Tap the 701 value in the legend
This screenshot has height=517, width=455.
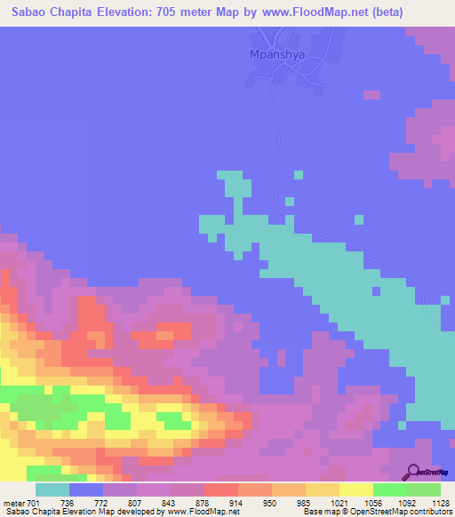click(x=34, y=504)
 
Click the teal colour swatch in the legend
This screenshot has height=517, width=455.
click(x=52, y=489)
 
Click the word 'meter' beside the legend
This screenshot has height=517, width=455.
click(x=12, y=504)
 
